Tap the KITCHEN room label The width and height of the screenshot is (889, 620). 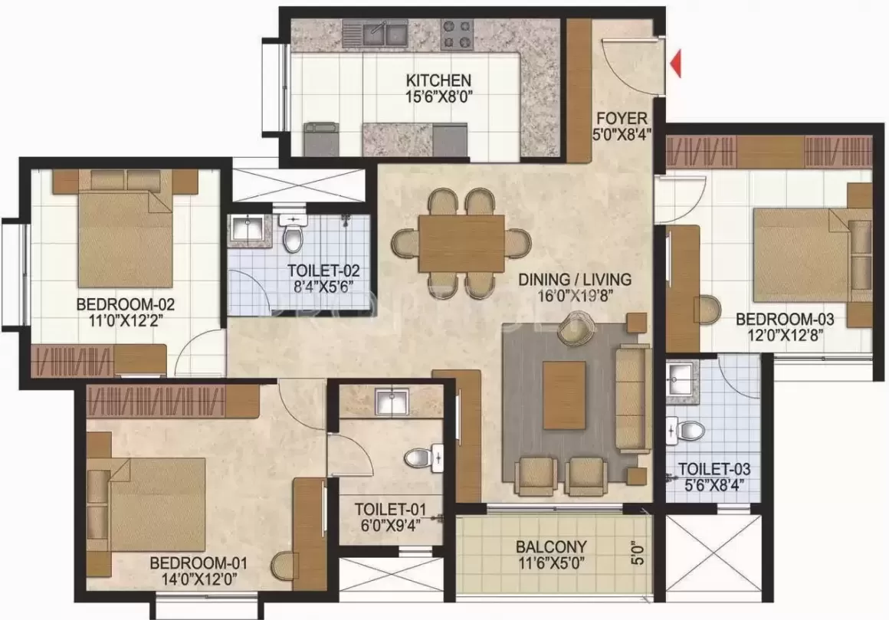point(438,80)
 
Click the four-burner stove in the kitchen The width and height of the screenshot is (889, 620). point(458,34)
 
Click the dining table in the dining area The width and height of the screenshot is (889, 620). point(461,243)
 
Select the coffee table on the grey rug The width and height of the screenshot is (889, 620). point(564,395)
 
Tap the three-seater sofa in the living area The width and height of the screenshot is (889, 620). point(632,399)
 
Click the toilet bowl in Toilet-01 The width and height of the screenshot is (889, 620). point(418,458)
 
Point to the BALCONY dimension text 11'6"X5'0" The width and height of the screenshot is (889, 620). point(551,563)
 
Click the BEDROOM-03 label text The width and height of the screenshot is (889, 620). point(785,319)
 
